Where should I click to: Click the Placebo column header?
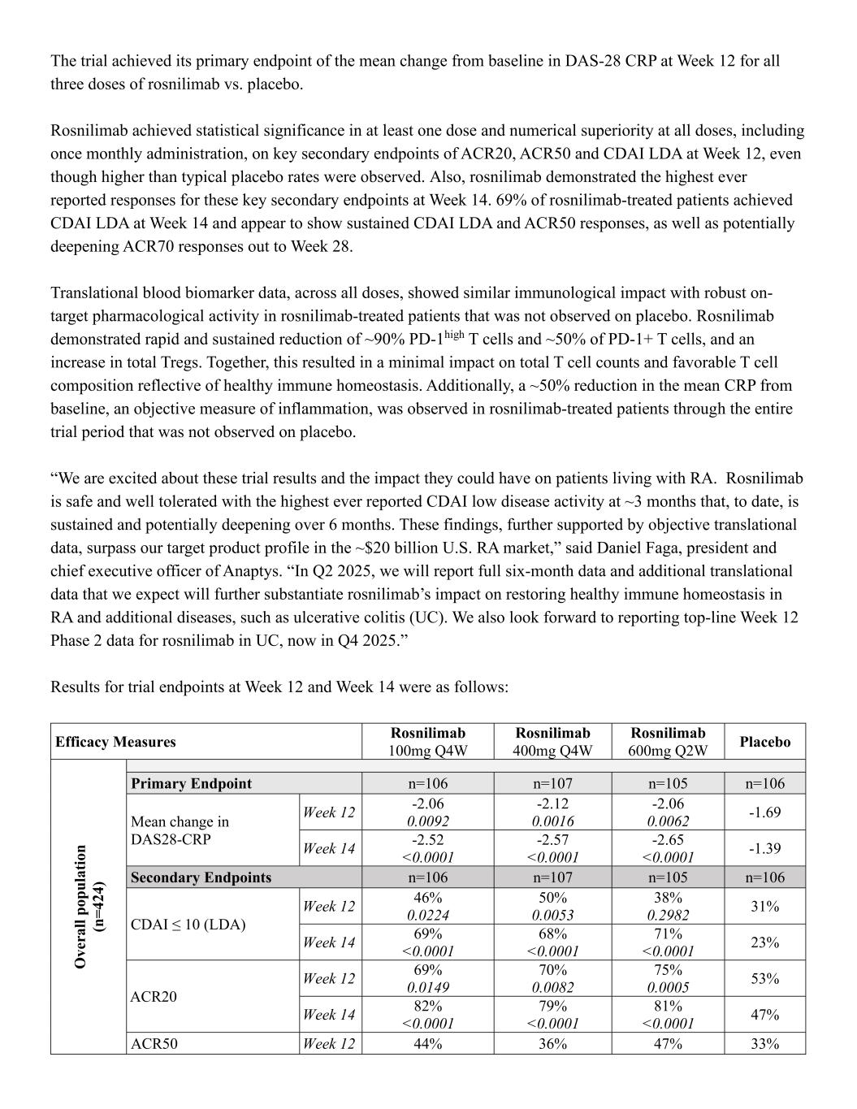tap(764, 742)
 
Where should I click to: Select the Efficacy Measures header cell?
tap(115, 742)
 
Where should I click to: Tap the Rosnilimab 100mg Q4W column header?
tap(427, 742)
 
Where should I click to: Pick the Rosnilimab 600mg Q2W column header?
tap(668, 742)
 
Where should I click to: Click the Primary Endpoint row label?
tap(191, 783)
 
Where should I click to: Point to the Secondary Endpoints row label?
tap(201, 877)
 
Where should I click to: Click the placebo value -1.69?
tap(764, 812)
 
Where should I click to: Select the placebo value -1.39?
tap(764, 848)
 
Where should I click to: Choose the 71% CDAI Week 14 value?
tap(668, 934)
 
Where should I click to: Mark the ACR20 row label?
tap(154, 997)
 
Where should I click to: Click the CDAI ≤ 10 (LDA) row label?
tap(188, 925)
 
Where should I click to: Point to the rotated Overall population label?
tap(89, 906)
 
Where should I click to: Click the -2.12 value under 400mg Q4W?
tap(552, 804)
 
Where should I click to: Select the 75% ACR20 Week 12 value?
tap(668, 970)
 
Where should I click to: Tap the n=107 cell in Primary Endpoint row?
tap(552, 783)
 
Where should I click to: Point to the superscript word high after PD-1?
tap(453, 333)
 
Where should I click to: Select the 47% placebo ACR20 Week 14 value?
tap(764, 1015)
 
